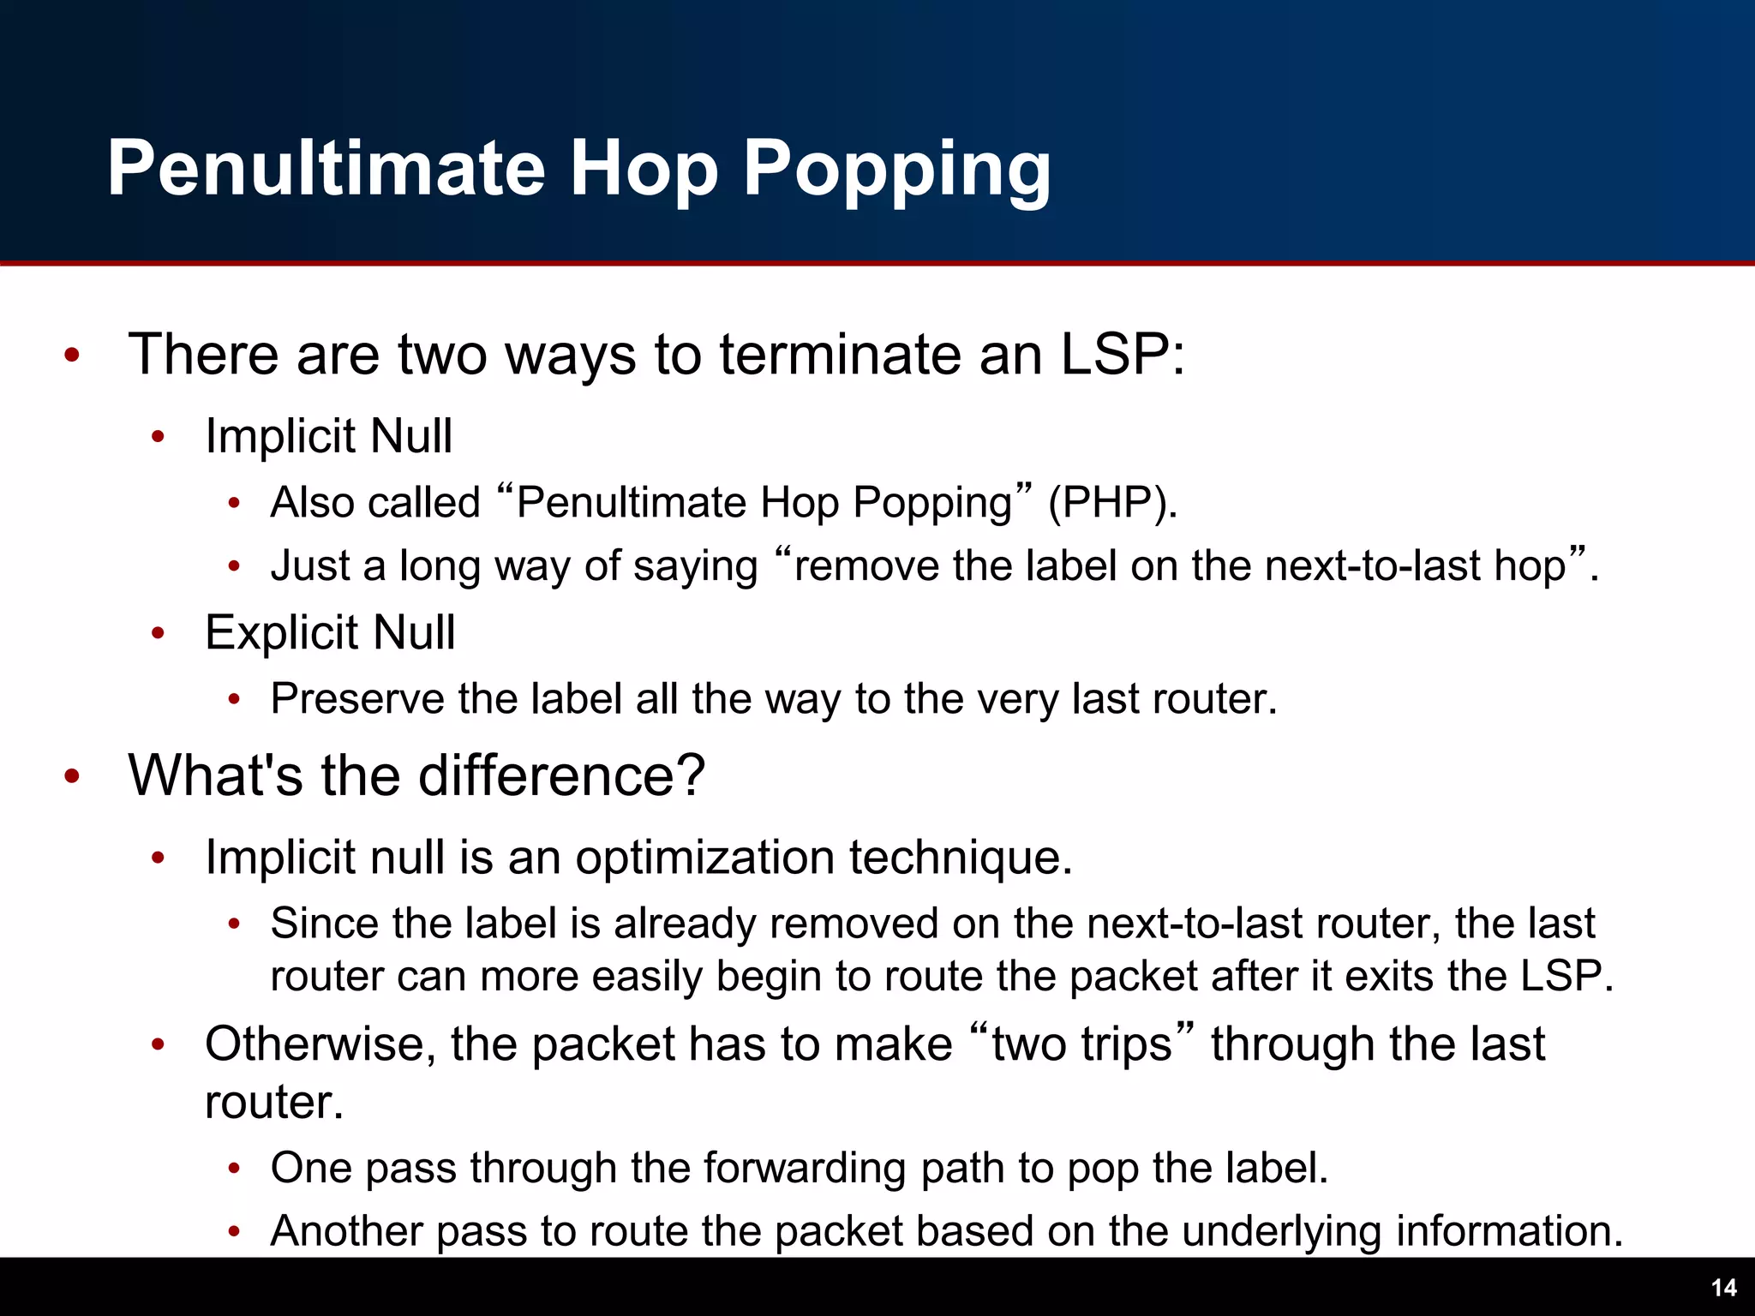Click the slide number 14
[x=1723, y=1288]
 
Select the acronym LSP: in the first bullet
[x=1123, y=354]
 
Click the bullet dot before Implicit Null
[x=158, y=437]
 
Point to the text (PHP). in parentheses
[x=1112, y=502]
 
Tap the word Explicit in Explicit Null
[x=281, y=632]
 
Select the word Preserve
[x=356, y=698]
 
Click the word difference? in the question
[x=561, y=775]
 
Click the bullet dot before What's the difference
[x=72, y=776]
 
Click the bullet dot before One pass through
[x=234, y=1169]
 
